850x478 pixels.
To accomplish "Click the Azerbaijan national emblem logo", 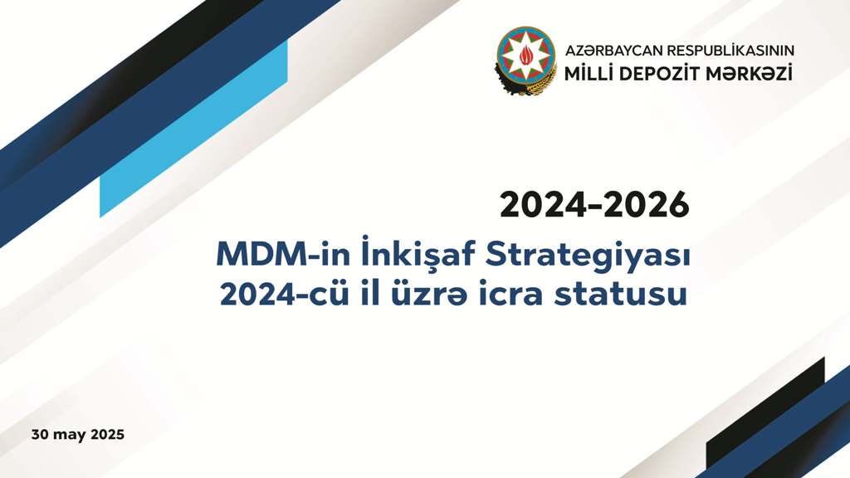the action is [x=525, y=60].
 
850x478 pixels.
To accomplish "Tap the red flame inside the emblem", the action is [x=526, y=54].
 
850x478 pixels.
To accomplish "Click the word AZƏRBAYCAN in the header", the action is [x=613, y=51].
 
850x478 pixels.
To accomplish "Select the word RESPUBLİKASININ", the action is [x=730, y=51].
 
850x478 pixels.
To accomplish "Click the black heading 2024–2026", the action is [x=594, y=205].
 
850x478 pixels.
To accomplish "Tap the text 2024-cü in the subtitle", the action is [x=285, y=294].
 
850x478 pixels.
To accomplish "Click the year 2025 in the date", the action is [x=107, y=435].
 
